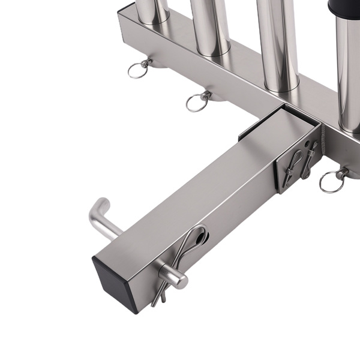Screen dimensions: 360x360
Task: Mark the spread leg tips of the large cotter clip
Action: pos(157,298)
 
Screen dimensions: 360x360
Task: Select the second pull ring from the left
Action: pos(197,101)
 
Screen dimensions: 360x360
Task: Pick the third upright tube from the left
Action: pos(278,42)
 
